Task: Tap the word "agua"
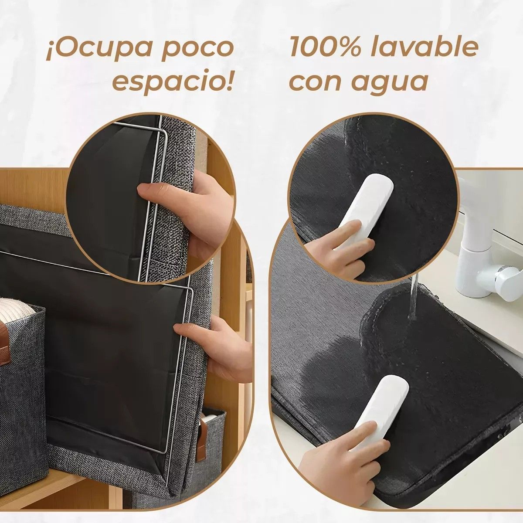[x=391, y=83]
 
